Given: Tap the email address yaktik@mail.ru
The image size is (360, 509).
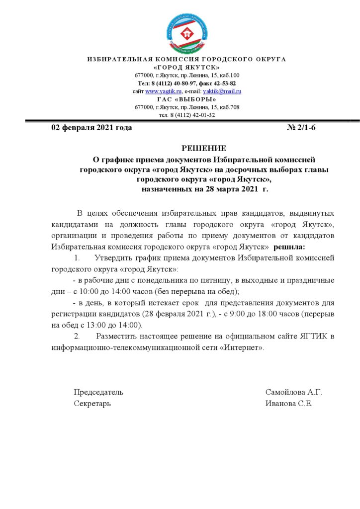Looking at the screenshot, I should [222, 91].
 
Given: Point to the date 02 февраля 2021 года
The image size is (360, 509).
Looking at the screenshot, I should [91, 128].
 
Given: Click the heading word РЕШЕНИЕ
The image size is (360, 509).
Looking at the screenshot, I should [203, 148].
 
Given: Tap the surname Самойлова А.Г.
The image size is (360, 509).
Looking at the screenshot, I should [294, 392].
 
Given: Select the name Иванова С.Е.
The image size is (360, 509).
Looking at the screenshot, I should [289, 404].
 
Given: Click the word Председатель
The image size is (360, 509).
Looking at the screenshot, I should [98, 392].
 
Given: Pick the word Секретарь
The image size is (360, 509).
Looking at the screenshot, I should [92, 404].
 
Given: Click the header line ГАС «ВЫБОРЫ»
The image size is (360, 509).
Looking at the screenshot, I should [187, 99].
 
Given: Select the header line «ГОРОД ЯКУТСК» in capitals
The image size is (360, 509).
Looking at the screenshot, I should [187, 67].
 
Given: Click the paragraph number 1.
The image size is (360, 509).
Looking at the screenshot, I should [77, 258].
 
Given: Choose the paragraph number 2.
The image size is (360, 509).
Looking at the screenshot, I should [77, 337].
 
